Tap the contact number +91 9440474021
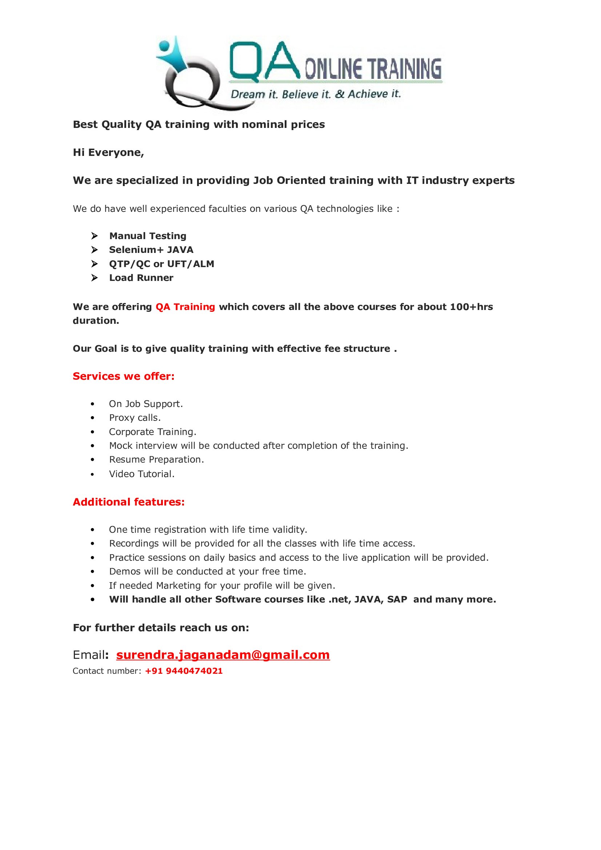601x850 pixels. (x=184, y=671)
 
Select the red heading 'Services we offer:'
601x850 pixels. (x=123, y=376)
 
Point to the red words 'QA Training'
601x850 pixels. (x=185, y=307)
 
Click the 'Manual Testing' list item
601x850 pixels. (x=148, y=236)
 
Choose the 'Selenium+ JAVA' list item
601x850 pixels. (x=151, y=250)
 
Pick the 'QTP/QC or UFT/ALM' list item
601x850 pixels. (x=161, y=264)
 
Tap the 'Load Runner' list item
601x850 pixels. (x=141, y=278)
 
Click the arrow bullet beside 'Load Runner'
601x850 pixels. (x=95, y=278)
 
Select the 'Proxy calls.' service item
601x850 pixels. (x=135, y=418)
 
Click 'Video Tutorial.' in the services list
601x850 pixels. (x=141, y=474)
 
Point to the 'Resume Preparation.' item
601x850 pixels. (x=156, y=459)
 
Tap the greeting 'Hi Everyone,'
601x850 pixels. (x=108, y=153)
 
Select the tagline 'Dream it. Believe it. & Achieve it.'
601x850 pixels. (x=316, y=94)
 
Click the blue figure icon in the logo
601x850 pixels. (x=172, y=54)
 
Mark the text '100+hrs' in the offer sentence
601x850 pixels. (x=472, y=307)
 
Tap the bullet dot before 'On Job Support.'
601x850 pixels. (x=93, y=404)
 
